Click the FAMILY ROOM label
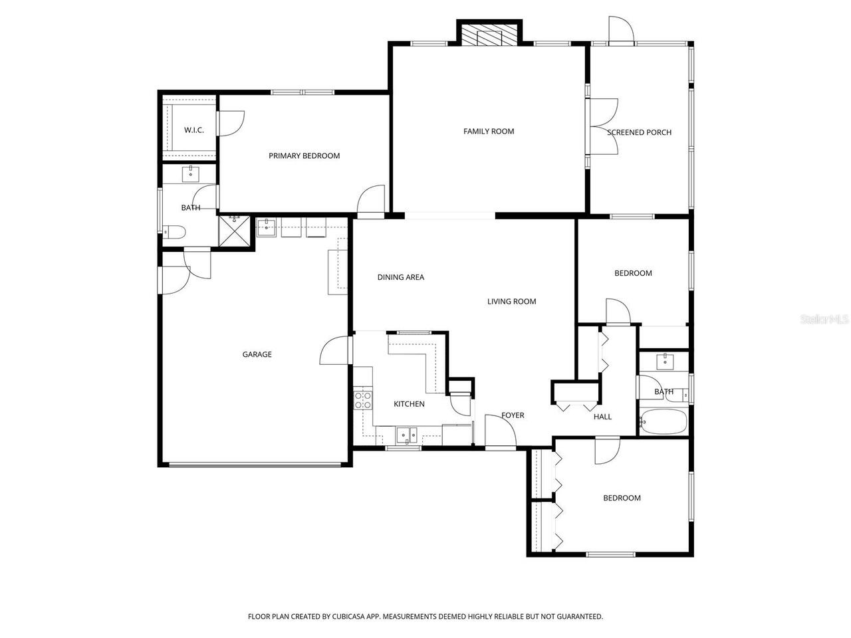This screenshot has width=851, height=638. [x=489, y=132]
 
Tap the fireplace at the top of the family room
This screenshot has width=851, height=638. [x=489, y=36]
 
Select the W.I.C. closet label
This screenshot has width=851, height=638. [x=193, y=130]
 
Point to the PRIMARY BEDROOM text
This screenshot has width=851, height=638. [x=304, y=156]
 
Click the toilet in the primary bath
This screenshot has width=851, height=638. [x=175, y=233]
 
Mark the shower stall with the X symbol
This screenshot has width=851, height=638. [x=235, y=232]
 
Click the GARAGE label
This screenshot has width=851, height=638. [x=257, y=355]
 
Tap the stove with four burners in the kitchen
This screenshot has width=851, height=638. [x=363, y=399]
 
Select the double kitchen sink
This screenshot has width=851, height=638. [x=406, y=435]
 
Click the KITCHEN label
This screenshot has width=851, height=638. [x=409, y=404]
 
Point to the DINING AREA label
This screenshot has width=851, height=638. [x=400, y=278]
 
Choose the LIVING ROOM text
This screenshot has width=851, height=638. [x=511, y=302]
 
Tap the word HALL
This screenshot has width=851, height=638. [x=602, y=417]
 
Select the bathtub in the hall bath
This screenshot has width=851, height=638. [x=663, y=421]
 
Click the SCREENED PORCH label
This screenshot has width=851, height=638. [x=639, y=132]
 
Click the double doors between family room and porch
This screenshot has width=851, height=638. [x=602, y=127]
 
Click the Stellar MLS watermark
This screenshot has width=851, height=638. [x=824, y=320]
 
